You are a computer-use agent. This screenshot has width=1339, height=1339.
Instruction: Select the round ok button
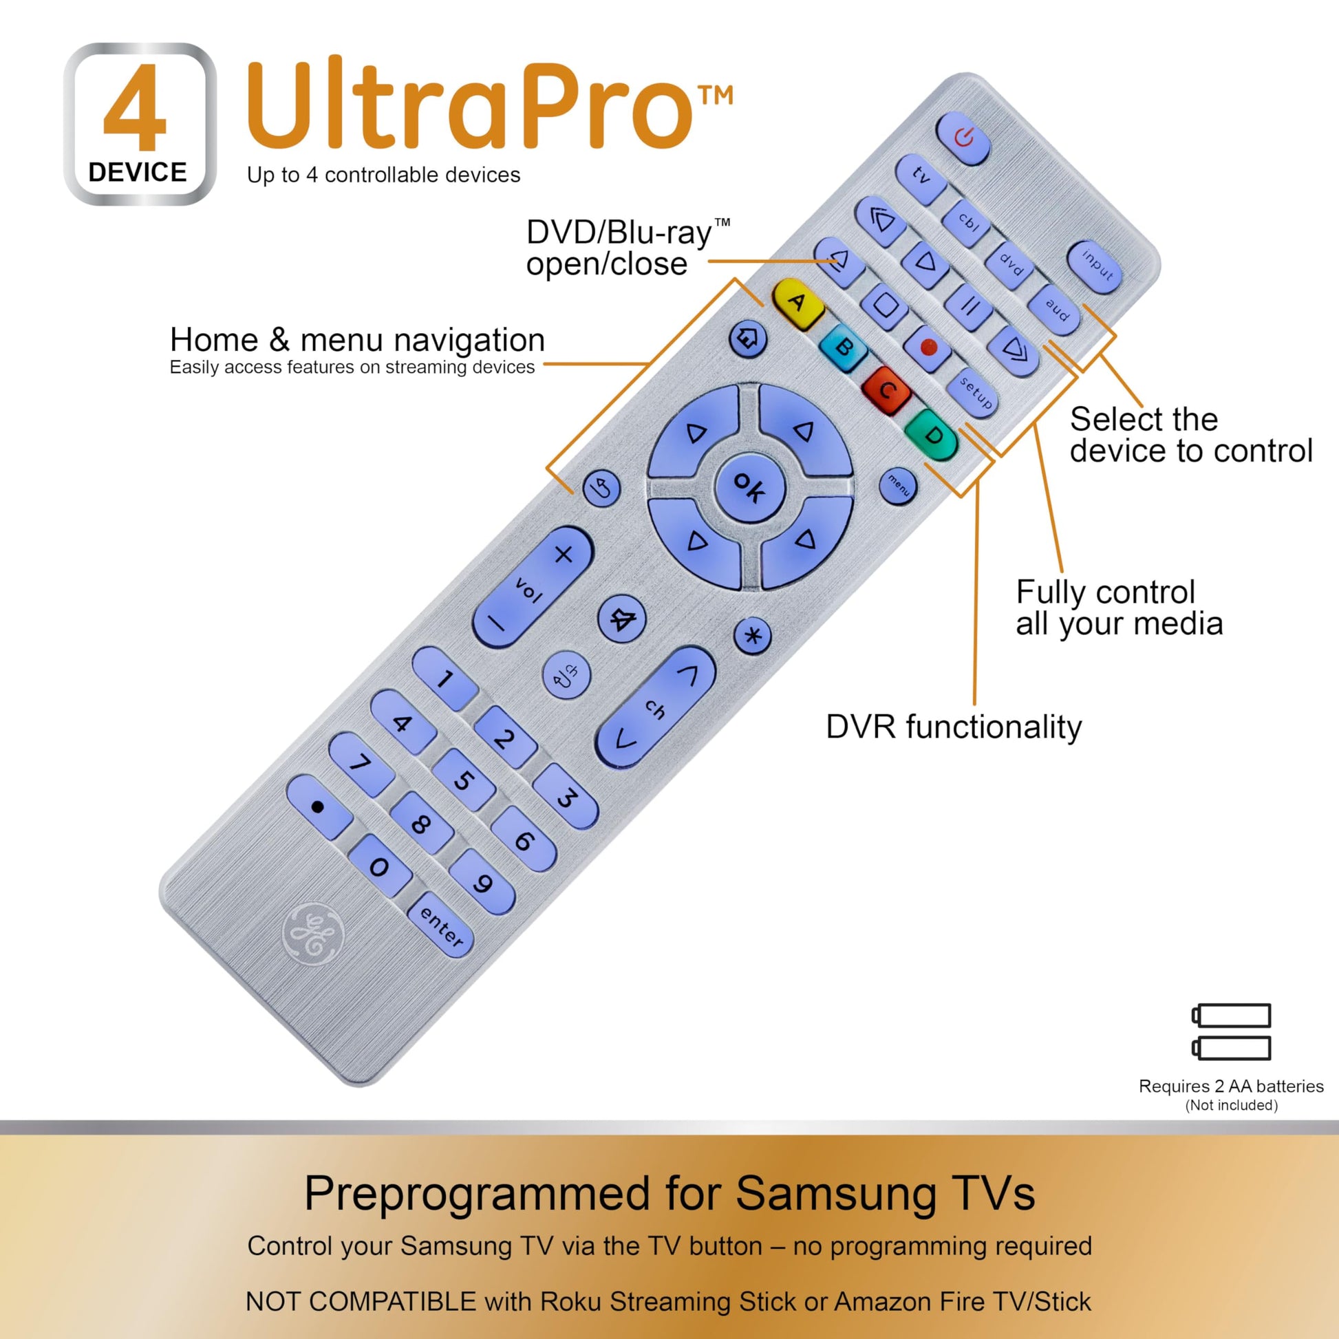(x=749, y=486)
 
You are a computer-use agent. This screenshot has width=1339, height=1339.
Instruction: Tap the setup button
(x=974, y=392)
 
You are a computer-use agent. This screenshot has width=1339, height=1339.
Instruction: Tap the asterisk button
(x=753, y=636)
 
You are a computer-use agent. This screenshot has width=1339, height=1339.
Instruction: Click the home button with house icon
(x=749, y=340)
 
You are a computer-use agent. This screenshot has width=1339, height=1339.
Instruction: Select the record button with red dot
(x=930, y=349)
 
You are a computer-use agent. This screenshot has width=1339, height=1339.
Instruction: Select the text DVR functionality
(x=953, y=727)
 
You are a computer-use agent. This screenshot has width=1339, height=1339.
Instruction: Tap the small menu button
(x=897, y=485)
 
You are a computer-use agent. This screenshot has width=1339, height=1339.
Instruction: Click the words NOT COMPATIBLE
(x=361, y=1301)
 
